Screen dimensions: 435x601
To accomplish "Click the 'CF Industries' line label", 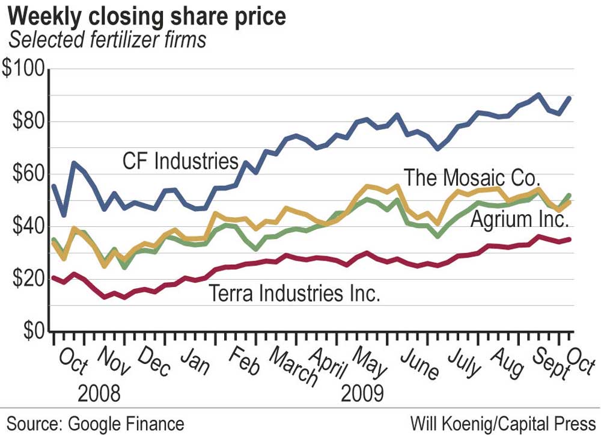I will [181, 161].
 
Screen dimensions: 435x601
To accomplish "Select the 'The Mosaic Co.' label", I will [472, 177].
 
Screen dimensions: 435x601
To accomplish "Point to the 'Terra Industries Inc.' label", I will [294, 294].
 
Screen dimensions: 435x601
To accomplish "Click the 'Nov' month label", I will [112, 361].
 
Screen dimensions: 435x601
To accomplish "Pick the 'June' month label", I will [420, 362].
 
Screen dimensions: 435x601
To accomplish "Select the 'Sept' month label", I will [549, 362].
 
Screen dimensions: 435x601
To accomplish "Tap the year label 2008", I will [99, 394].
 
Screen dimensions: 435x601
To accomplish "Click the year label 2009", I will [362, 394].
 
